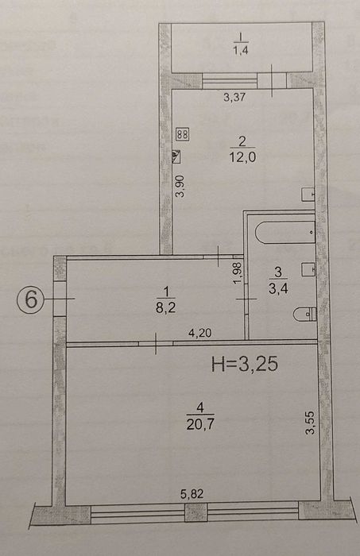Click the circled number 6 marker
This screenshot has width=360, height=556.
click(30, 299)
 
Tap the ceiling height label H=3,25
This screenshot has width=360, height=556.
click(245, 364)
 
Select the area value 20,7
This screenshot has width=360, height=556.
click(200, 423)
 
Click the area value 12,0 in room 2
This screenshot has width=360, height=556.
click(242, 156)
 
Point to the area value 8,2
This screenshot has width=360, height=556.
click(165, 307)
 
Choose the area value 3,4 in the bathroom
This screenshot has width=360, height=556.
click(278, 288)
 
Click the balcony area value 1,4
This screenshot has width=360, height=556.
click(240, 50)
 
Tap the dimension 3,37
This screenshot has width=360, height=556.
click(234, 97)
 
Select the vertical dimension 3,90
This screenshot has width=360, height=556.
click(181, 186)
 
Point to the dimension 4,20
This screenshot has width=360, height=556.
click(199, 333)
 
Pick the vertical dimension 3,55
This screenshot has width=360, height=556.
click(310, 423)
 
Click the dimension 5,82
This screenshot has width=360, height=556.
click(192, 493)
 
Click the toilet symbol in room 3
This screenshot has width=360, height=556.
click(304, 314)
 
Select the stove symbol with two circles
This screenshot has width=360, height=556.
click(183, 134)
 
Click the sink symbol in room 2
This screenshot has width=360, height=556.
click(308, 195)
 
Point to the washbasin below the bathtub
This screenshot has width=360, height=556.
click(308, 269)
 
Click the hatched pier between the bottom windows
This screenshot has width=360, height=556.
click(196, 513)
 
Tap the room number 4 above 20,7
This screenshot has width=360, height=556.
click(200, 408)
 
